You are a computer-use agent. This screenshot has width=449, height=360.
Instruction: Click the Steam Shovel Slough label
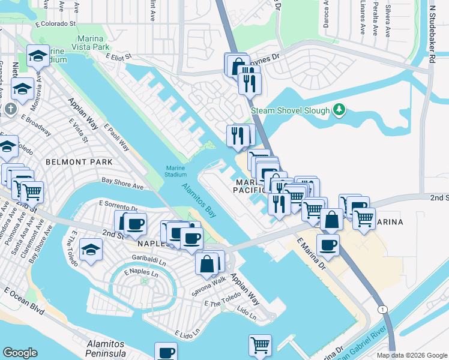290,110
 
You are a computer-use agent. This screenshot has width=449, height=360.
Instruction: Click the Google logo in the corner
20,353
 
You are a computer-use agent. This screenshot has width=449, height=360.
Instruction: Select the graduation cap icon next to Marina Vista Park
38,56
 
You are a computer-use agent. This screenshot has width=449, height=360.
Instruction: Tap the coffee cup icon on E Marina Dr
328,245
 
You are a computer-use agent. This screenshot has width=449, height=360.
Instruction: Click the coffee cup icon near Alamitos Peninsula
166,353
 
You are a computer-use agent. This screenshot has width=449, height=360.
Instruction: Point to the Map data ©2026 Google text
412,355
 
